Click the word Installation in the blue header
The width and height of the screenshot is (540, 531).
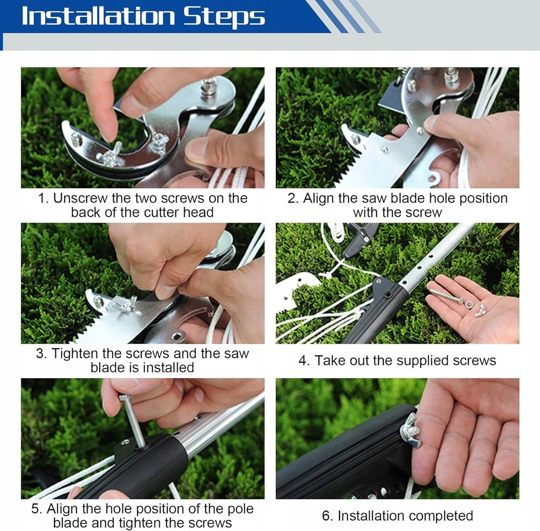[x=99, y=16]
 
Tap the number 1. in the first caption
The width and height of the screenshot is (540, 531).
[x=44, y=198]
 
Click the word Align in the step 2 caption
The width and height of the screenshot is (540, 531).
[x=319, y=199]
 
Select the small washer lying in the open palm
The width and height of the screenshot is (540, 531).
[x=469, y=305]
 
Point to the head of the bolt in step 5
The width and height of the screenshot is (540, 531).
[x=125, y=398]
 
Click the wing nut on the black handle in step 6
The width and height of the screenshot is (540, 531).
[x=410, y=431]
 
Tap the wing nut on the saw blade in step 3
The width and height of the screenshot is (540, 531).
[x=126, y=306]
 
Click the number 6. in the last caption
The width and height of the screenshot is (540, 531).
[x=327, y=516]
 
